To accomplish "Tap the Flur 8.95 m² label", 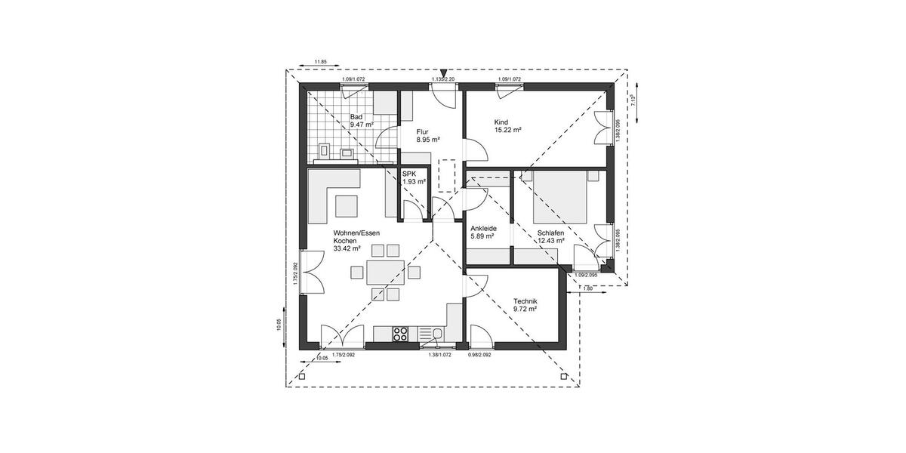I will pos(428,135).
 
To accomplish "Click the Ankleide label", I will pos(482,232).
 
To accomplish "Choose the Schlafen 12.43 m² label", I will pos(550,236).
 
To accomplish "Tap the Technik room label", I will pos(524,304).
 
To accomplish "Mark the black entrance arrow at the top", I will pos(442,71).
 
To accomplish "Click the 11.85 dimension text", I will pos(320,61).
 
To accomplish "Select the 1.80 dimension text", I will pos(588,288).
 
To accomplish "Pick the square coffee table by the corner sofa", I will pos(348,205).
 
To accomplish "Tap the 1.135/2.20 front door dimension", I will pos(442,79).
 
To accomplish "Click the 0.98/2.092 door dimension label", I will pos(479,355).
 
